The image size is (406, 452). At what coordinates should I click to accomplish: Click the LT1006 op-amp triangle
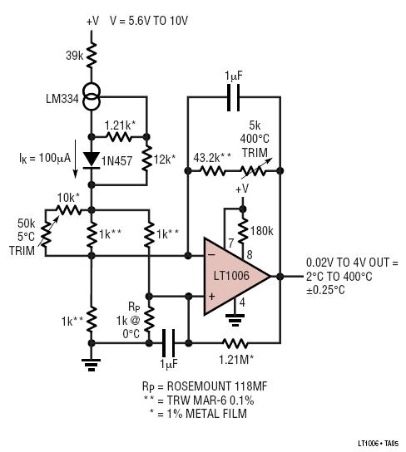pyautogui.click(x=234, y=276)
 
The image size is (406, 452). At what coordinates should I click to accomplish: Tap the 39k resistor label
pyautogui.click(x=75, y=56)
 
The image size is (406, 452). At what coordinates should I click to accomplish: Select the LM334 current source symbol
pyautogui.click(x=92, y=97)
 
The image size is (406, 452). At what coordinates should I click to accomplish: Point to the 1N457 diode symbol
pyautogui.click(x=92, y=160)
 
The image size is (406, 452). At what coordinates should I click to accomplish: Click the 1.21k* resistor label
pyautogui.click(x=120, y=125)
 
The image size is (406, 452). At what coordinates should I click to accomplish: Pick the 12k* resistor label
pyautogui.click(x=165, y=159)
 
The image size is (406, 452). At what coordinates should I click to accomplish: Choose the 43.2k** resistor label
pyautogui.click(x=212, y=158)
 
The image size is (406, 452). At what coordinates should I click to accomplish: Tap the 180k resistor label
pyautogui.click(x=261, y=231)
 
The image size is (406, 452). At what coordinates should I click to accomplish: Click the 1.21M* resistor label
pyautogui.click(x=236, y=360)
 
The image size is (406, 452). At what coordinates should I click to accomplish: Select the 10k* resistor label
pyautogui.click(x=68, y=198)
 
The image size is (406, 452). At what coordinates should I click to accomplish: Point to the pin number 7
pyautogui.click(x=230, y=243)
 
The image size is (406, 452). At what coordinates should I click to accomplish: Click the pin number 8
pyautogui.click(x=250, y=255)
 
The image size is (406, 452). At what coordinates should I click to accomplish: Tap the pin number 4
pyautogui.click(x=242, y=302)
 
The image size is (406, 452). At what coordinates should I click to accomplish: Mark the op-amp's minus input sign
pyautogui.click(x=211, y=255)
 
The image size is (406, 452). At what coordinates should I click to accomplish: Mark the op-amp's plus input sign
pyautogui.click(x=212, y=297)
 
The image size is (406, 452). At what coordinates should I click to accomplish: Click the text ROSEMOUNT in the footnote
pyautogui.click(x=198, y=386)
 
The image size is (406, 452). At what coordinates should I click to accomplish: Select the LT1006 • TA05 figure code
pyautogui.click(x=379, y=444)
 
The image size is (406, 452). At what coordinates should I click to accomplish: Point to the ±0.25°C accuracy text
pyautogui.click(x=325, y=290)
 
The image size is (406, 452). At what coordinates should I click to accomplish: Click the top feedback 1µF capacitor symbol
pyautogui.click(x=234, y=97)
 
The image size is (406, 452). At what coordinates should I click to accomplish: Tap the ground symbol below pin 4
pyautogui.click(x=235, y=320)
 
